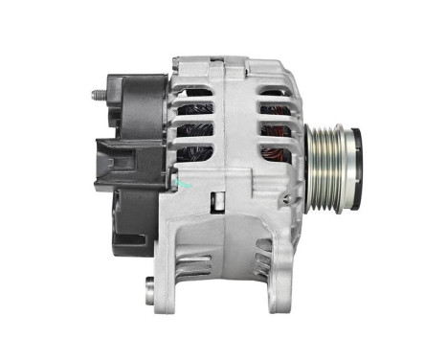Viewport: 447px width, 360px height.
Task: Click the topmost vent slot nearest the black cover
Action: click(x=199, y=97)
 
